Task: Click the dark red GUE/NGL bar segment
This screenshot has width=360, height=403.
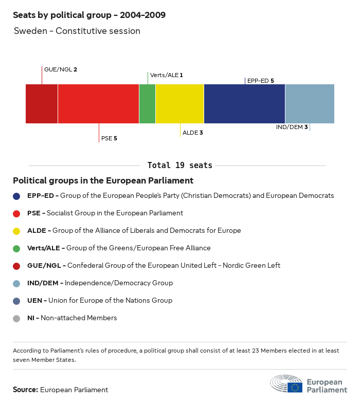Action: [x=42, y=104]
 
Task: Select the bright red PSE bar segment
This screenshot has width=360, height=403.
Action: [x=98, y=104]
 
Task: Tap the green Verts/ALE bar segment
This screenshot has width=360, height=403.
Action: [x=147, y=104]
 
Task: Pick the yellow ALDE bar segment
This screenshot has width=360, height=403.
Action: [x=179, y=104]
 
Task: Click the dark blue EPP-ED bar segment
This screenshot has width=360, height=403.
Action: [x=244, y=104]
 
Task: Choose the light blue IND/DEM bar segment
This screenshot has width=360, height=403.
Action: [x=310, y=104]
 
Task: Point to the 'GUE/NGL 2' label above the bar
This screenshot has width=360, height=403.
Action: [x=61, y=69]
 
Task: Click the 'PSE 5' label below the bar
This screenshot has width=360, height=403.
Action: [x=109, y=138]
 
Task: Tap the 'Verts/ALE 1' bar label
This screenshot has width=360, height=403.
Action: [x=166, y=75]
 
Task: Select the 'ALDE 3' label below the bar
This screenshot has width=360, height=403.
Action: [x=193, y=133]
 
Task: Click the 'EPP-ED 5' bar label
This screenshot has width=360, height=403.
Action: [x=260, y=81]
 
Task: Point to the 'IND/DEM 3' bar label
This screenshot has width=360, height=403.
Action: [x=292, y=127]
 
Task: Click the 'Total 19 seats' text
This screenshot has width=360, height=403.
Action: [x=179, y=166]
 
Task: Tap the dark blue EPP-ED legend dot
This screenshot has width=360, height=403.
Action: [x=16, y=196]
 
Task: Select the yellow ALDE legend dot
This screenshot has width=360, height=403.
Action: [x=16, y=231]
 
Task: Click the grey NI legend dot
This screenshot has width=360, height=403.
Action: [x=16, y=318]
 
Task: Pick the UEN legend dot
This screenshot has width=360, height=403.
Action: [x=16, y=301]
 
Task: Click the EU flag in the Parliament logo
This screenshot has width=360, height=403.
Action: [x=295, y=387]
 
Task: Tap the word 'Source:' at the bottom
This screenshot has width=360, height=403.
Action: [x=25, y=390]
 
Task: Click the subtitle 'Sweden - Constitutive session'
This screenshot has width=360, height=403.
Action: [x=77, y=31]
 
